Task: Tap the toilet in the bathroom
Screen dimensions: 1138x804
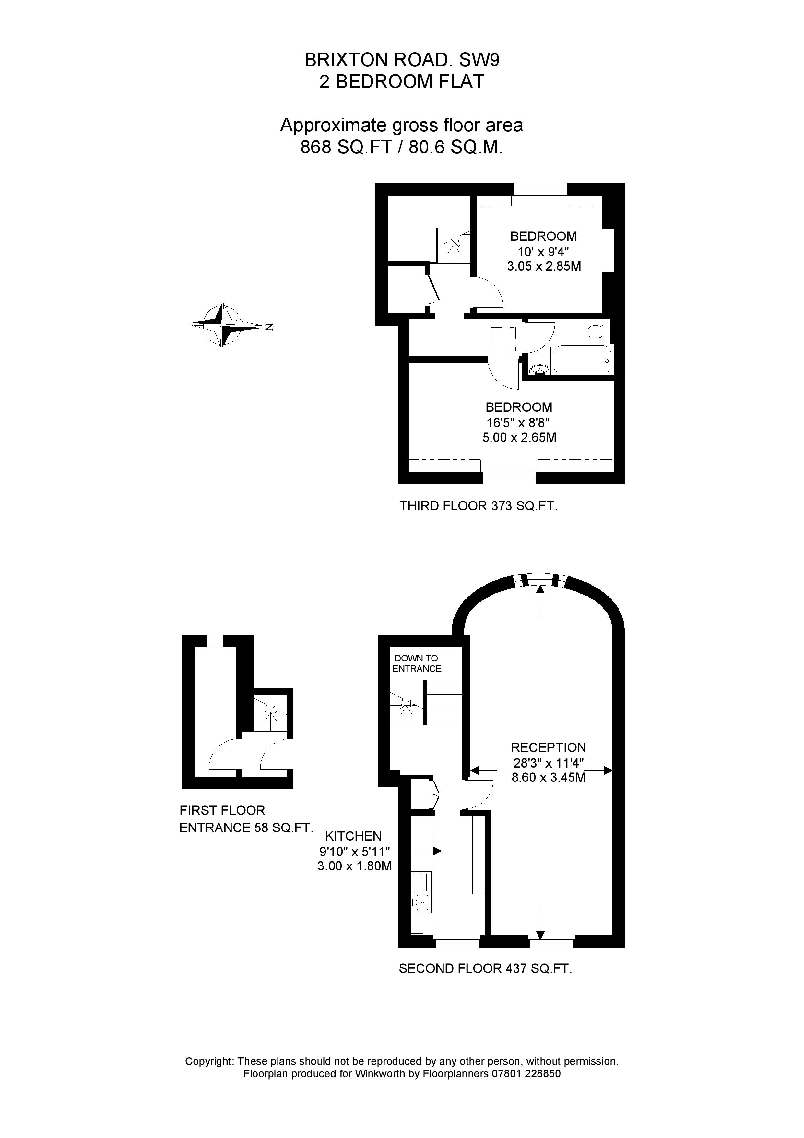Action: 598,331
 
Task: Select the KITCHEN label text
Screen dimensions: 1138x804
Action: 353,836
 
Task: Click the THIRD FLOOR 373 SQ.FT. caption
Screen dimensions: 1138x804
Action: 478,506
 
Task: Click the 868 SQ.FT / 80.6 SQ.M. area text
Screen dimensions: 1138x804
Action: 402,148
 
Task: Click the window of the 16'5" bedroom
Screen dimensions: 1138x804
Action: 509,478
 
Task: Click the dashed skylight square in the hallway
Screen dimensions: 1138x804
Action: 503,340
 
